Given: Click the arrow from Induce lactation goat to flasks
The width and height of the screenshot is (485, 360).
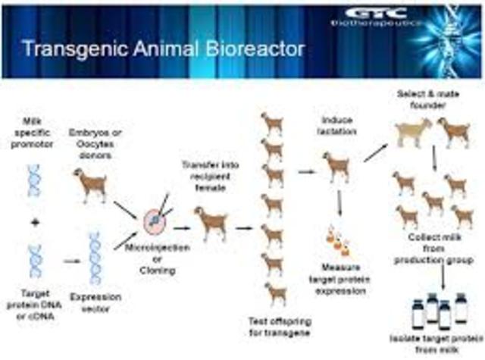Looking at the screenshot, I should (339, 204).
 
